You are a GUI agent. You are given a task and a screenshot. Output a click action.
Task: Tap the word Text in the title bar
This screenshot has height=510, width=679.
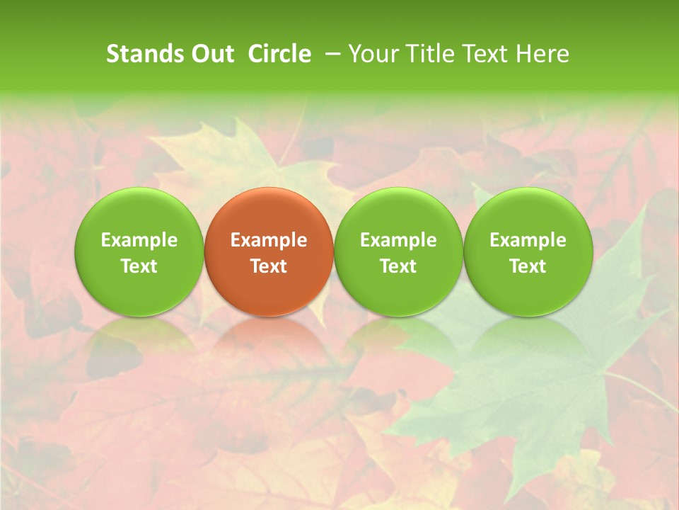[x=485, y=54]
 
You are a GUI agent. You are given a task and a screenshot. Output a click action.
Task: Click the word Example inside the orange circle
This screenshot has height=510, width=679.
[x=269, y=240]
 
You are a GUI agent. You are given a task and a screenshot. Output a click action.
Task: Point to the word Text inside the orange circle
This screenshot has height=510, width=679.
[x=269, y=266]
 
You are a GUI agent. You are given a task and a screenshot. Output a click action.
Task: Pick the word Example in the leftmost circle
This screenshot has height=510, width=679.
[x=139, y=240]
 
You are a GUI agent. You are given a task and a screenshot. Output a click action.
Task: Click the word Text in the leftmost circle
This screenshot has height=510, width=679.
[x=139, y=266]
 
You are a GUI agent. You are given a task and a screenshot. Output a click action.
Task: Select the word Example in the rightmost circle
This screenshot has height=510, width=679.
[x=528, y=240]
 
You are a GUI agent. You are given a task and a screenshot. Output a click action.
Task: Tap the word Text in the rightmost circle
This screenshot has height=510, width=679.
[x=528, y=266]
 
